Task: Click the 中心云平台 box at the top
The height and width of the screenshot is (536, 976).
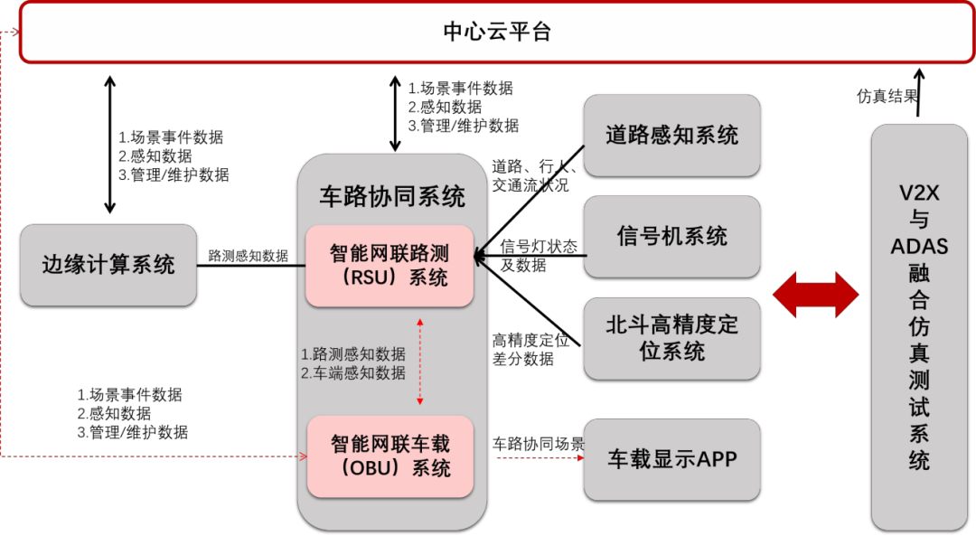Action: pyautogui.click(x=496, y=33)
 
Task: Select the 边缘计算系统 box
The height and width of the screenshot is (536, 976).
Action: pyautogui.click(x=108, y=265)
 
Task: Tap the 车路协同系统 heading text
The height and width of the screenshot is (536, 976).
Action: pyautogui.click(x=392, y=196)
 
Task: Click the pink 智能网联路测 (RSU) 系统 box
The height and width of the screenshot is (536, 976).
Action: pyautogui.click(x=389, y=266)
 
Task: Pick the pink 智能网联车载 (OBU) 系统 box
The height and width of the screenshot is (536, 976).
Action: pyautogui.click(x=390, y=456)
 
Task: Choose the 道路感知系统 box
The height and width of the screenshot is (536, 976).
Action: pyautogui.click(x=671, y=136)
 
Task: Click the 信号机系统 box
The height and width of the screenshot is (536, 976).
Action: pyautogui.click(x=671, y=237)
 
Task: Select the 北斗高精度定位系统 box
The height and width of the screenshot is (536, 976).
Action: pyautogui.click(x=671, y=338)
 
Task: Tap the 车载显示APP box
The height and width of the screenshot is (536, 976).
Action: pyautogui.click(x=671, y=459)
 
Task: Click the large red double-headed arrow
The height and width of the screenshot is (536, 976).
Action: pyautogui.click(x=815, y=295)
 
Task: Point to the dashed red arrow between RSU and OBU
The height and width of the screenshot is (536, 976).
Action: pyautogui.click(x=419, y=361)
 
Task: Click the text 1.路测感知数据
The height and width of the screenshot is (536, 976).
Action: pyautogui.click(x=353, y=353)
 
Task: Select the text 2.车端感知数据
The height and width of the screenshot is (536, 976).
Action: pyautogui.click(x=353, y=372)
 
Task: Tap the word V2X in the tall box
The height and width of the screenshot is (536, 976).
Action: pyautogui.click(x=919, y=193)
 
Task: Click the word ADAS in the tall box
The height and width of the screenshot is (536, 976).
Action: pyautogui.click(x=919, y=246)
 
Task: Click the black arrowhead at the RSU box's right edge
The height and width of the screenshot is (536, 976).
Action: pyautogui.click(x=480, y=257)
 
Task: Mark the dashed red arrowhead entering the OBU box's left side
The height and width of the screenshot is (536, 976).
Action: pyautogui.click(x=303, y=456)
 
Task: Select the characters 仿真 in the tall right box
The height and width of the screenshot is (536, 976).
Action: pyautogui.click(x=919, y=339)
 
